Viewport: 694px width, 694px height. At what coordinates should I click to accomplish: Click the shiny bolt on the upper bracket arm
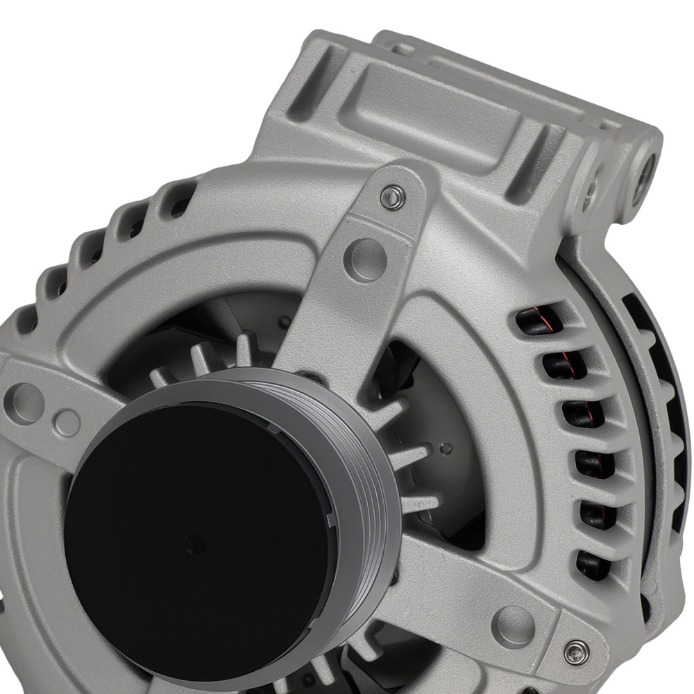tap(393, 196)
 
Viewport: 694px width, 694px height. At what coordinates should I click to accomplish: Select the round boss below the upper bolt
tap(365, 259)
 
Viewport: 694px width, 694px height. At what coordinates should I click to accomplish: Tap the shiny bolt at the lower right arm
tap(575, 651)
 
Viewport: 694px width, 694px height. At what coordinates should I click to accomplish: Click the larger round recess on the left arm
tap(25, 403)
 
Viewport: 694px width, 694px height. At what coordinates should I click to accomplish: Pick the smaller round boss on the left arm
tap(67, 422)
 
